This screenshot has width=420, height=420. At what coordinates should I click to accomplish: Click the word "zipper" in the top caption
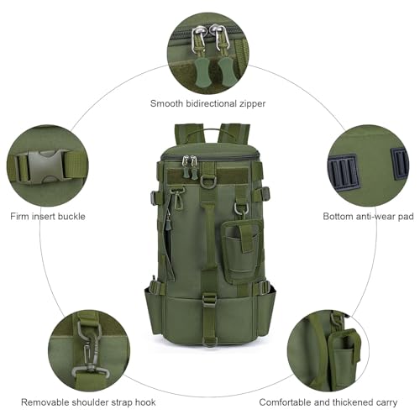tap(252, 104)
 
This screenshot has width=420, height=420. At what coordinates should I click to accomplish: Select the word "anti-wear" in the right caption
tap(369, 217)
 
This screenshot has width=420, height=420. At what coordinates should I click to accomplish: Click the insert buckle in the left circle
tap(45, 167)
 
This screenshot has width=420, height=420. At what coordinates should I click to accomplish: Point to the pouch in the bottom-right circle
tap(344, 357)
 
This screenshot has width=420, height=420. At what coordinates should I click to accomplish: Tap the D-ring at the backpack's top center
tap(207, 182)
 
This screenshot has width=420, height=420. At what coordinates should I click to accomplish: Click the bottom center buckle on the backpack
tap(209, 301)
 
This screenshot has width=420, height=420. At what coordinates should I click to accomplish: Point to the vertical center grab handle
tap(208, 235)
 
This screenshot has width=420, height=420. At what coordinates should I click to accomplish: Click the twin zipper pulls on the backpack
tap(190, 167)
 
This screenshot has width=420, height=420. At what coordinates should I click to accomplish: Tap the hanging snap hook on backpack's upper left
tap(177, 198)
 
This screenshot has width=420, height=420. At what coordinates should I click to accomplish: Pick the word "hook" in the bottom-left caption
tap(145, 402)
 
